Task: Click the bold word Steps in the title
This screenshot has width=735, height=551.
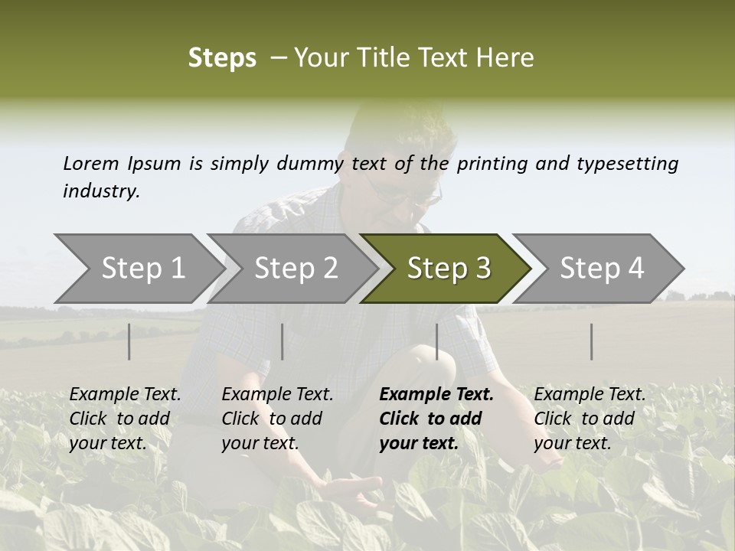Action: [x=222, y=58]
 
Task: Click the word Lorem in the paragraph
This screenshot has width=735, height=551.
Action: [x=91, y=163]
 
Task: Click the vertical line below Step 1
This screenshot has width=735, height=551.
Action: [x=129, y=341]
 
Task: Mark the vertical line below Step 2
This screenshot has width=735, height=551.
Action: [x=283, y=341]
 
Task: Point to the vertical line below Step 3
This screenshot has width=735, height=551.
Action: [x=436, y=341]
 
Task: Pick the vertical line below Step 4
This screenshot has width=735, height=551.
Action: [x=591, y=341]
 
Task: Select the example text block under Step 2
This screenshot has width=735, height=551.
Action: [x=277, y=419]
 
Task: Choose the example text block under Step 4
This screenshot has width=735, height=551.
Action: [x=590, y=419]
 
